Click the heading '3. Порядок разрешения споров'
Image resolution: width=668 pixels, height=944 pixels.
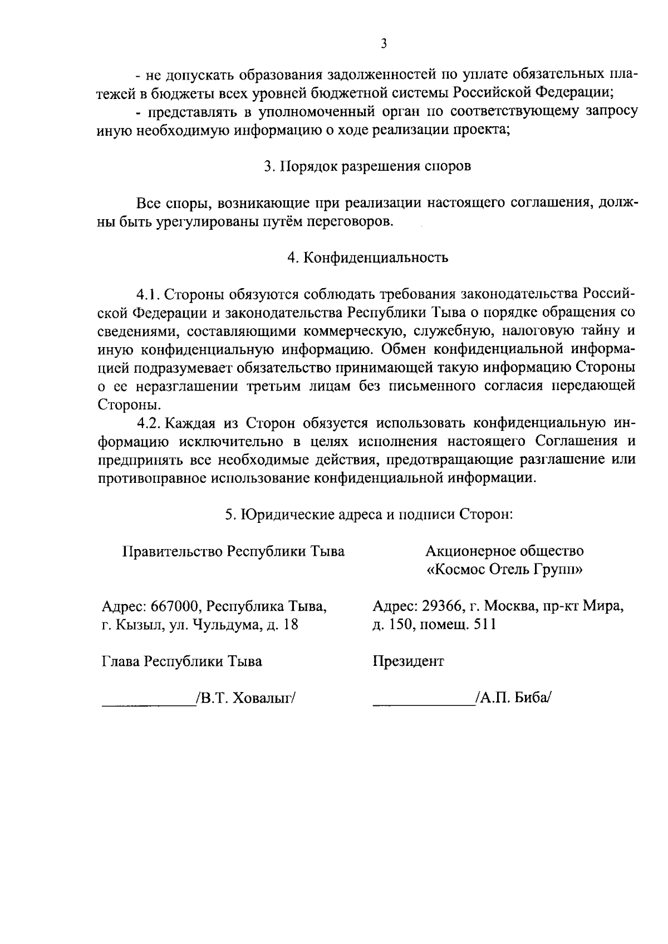tap(367, 166)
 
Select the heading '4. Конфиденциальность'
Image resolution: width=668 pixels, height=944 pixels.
tap(367, 258)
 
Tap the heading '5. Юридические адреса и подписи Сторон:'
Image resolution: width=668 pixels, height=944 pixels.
tap(368, 515)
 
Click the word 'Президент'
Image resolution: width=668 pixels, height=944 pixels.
tap(408, 661)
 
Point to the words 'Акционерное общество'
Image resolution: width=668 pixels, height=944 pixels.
tap(504, 551)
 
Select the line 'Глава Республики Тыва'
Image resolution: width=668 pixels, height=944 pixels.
tap(181, 661)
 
